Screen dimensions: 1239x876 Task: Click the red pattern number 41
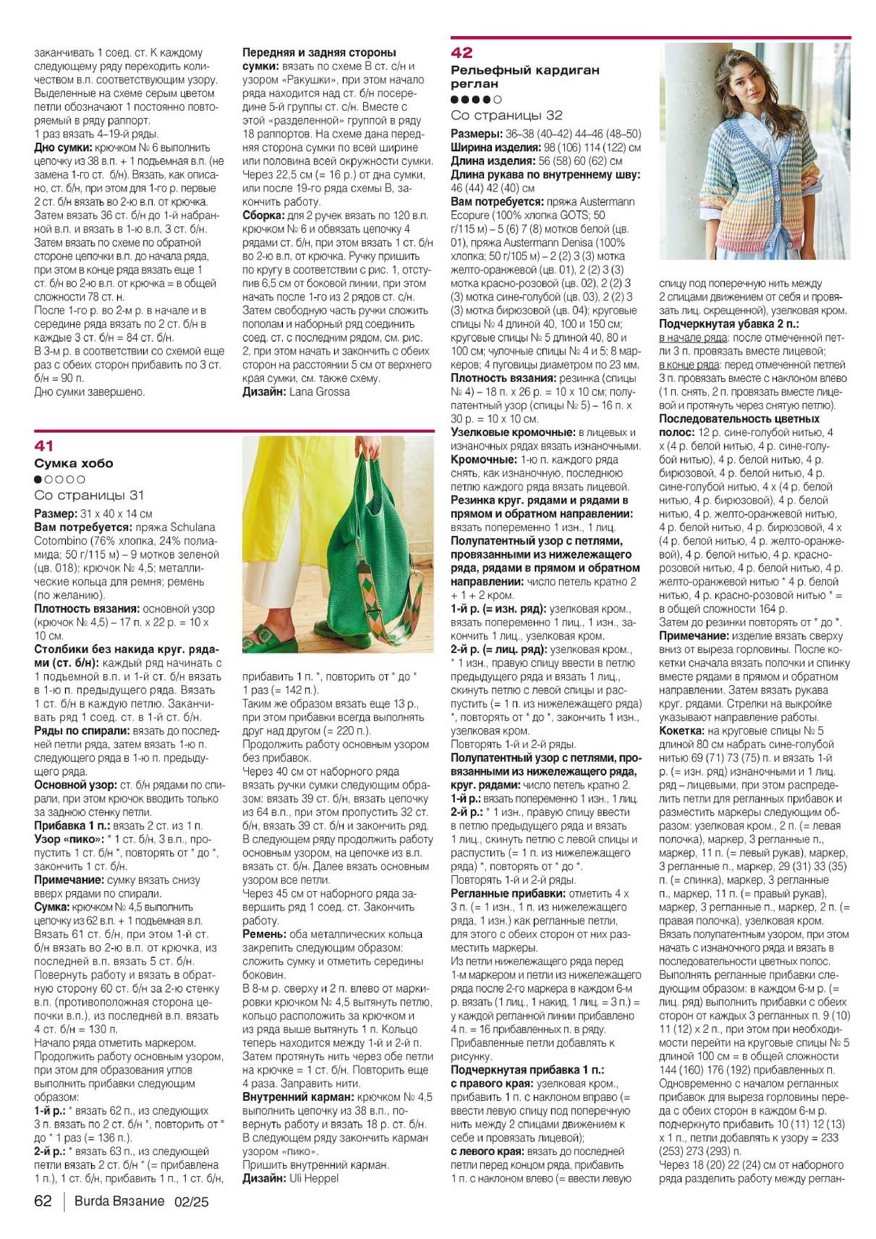43,446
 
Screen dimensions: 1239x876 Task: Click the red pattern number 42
461,53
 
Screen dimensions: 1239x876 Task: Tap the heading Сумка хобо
73,463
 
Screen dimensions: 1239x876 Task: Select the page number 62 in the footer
43,1201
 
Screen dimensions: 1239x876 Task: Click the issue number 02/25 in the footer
191,1202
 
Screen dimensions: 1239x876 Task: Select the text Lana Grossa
319,392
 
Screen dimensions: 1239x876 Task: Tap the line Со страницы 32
507,115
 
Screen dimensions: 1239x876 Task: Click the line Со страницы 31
89,495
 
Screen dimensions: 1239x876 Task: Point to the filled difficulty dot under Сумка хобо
38,479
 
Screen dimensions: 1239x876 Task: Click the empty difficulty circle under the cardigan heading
497,100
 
